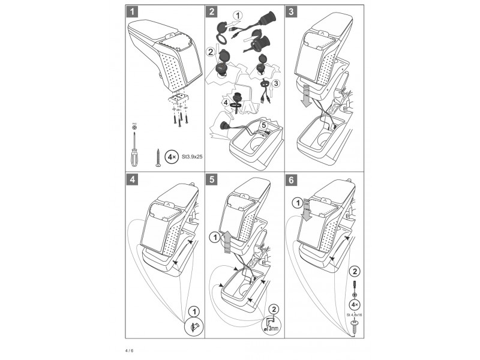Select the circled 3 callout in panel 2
275,83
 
